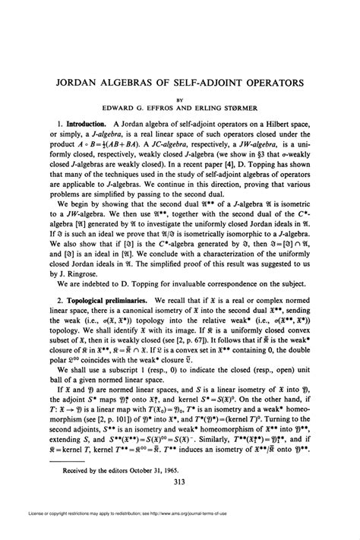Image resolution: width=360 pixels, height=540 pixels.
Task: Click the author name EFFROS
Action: tap(175, 109)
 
